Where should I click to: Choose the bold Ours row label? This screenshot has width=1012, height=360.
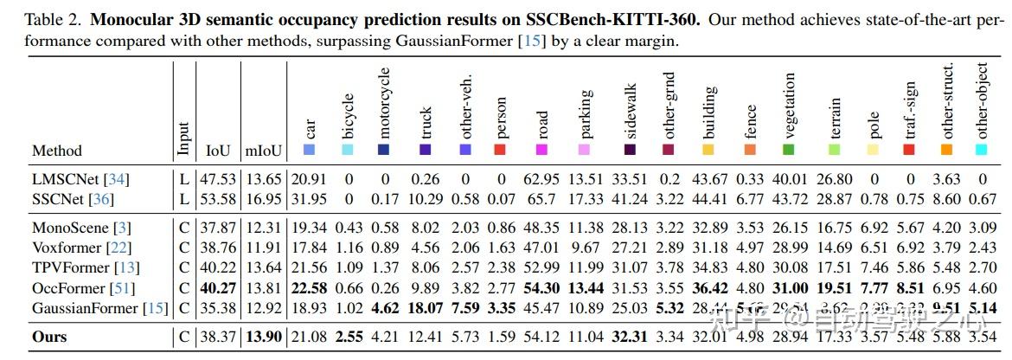[49, 336]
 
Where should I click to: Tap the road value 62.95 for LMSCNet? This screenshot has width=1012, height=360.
[541, 179]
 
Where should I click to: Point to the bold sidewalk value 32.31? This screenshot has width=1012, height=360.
[630, 336]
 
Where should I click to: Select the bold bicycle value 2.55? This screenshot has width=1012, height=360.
[348, 336]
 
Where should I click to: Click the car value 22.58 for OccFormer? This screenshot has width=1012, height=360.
[310, 287]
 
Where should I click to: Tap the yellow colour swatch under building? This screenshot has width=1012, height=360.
[709, 151]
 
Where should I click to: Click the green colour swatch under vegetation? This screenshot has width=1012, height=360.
[789, 151]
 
